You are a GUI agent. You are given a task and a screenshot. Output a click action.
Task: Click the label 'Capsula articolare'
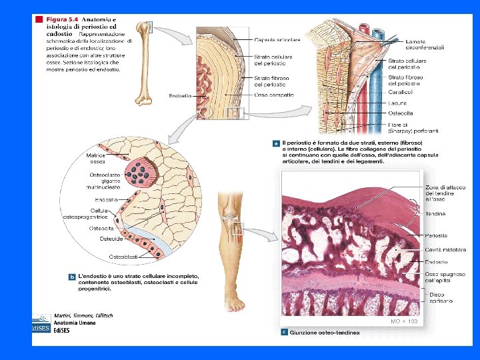pos(277,40)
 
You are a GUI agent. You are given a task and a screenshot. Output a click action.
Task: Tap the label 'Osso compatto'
pos(271,95)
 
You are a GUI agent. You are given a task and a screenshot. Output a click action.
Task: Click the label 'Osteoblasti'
pos(123,257)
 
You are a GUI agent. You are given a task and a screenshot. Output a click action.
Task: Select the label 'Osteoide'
pos(111,239)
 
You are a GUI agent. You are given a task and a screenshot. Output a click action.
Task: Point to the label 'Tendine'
pos(435,214)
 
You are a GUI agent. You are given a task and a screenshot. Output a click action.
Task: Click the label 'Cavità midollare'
pos(445,250)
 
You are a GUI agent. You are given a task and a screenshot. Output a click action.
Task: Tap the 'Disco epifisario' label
pos(441,298)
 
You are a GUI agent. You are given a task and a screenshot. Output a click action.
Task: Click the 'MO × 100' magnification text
pos(404,321)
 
